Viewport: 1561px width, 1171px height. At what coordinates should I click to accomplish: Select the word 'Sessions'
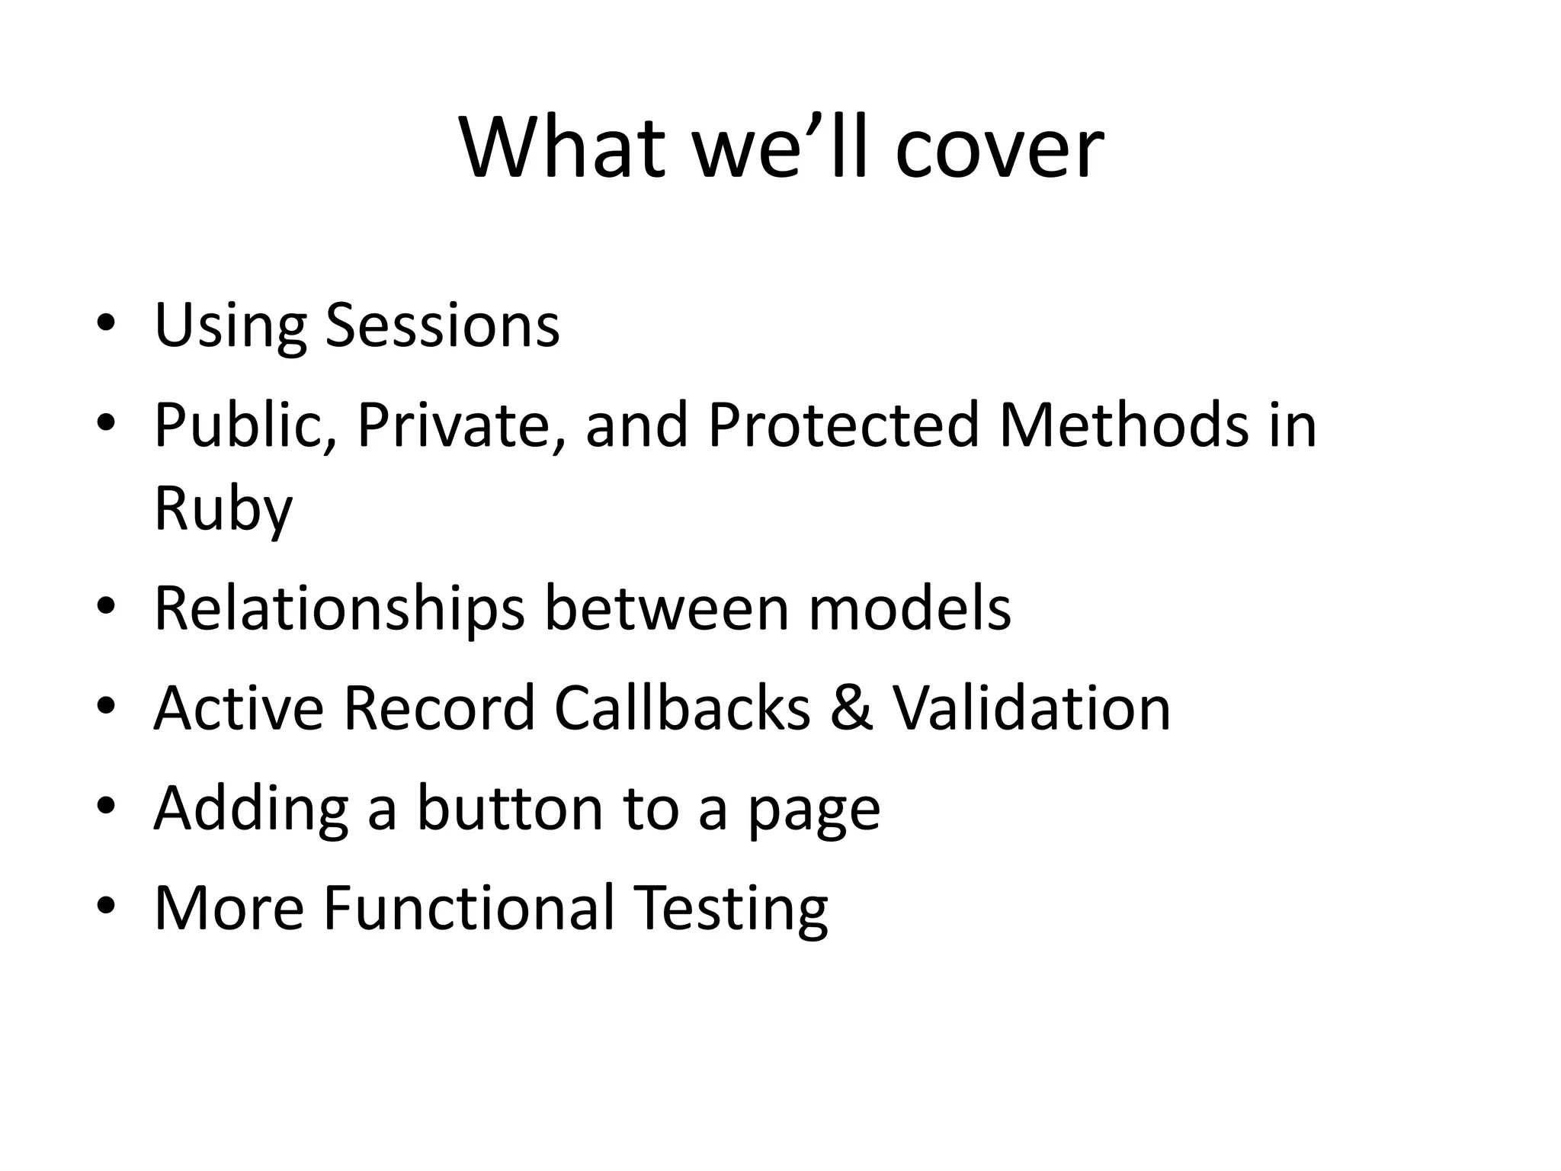(x=442, y=326)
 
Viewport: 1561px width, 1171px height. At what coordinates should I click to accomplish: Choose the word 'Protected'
(x=843, y=425)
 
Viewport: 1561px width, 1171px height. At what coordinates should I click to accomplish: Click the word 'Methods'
(x=1123, y=425)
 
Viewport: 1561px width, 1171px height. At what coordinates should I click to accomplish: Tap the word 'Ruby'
(x=223, y=509)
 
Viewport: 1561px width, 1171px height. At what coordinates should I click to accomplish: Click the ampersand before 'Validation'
(x=851, y=708)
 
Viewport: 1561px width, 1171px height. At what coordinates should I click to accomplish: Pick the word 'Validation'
(x=1031, y=708)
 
